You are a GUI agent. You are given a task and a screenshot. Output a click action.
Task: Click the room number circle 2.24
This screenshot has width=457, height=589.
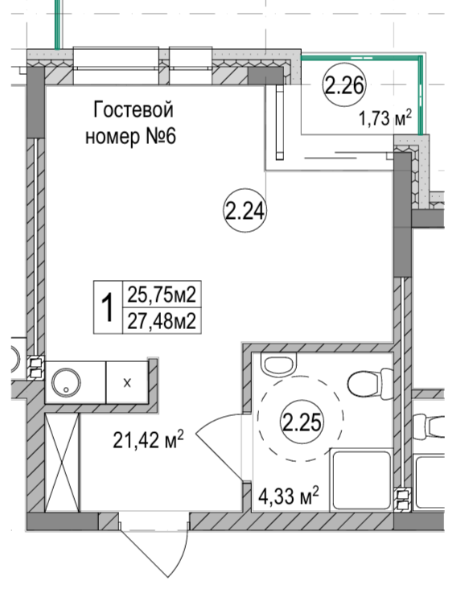click(x=245, y=210)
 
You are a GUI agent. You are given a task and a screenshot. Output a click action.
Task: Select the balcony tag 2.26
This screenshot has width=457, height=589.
click(x=344, y=84)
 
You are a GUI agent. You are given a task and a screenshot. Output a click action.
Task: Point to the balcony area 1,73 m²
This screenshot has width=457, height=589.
click(x=385, y=118)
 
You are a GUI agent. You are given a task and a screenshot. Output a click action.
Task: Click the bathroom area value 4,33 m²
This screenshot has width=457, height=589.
click(x=288, y=496)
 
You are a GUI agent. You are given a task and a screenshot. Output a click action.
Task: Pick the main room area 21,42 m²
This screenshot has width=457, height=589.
click(x=148, y=439)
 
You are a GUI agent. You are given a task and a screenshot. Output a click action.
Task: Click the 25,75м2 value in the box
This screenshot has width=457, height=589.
click(x=162, y=294)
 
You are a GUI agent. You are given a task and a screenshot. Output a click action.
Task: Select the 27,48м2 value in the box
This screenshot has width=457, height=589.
click(x=162, y=321)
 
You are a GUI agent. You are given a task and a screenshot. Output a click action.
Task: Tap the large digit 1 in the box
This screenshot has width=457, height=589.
click(x=108, y=307)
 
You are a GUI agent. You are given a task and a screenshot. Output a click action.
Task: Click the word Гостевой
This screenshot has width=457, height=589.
click(x=134, y=109)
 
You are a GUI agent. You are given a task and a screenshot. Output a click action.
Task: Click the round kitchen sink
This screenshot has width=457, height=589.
click(x=66, y=382)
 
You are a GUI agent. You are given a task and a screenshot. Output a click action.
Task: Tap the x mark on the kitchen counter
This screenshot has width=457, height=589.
click(x=127, y=383)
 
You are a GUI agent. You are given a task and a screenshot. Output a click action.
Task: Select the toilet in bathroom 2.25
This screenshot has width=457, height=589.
click(x=370, y=384)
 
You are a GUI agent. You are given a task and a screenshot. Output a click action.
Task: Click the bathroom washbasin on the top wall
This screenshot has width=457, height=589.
click(x=279, y=364)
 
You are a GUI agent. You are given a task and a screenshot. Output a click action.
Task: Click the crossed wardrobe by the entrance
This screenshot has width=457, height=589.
click(x=62, y=463)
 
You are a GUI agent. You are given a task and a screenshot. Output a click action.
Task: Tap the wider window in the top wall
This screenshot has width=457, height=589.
click(x=116, y=65)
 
